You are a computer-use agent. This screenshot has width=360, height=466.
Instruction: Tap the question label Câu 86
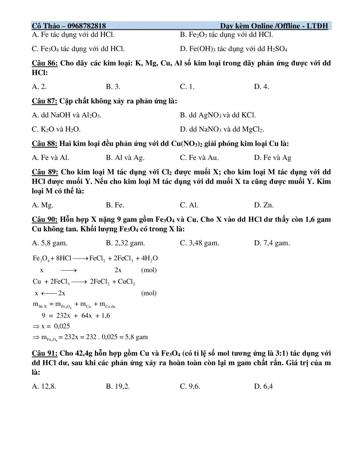(45, 63)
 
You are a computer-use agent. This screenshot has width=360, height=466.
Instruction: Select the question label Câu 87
(44, 101)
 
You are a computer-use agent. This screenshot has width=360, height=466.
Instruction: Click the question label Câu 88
(44, 144)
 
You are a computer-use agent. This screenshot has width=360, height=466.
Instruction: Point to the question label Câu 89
(45, 172)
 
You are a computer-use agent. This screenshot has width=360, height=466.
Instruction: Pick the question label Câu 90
(44, 219)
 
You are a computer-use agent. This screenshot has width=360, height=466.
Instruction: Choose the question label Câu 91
(44, 353)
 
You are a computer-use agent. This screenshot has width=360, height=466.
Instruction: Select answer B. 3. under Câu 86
(113, 87)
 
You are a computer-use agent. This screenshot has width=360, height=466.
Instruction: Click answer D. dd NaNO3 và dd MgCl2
(222, 129)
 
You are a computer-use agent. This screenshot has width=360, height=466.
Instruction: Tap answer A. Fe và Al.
(51, 158)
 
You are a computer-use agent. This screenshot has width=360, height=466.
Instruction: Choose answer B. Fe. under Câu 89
(115, 205)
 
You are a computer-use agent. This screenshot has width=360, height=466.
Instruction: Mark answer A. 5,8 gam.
(49, 243)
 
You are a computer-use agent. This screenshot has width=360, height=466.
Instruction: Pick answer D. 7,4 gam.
(272, 243)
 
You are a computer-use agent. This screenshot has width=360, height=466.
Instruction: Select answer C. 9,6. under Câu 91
(190, 386)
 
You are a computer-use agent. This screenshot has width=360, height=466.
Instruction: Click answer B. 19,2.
(118, 386)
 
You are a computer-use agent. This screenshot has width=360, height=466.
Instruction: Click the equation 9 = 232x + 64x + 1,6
(76, 316)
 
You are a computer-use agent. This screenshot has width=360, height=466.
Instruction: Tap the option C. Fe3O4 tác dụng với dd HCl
(78, 49)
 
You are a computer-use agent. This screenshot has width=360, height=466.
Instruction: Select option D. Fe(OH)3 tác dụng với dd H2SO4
(234, 49)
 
